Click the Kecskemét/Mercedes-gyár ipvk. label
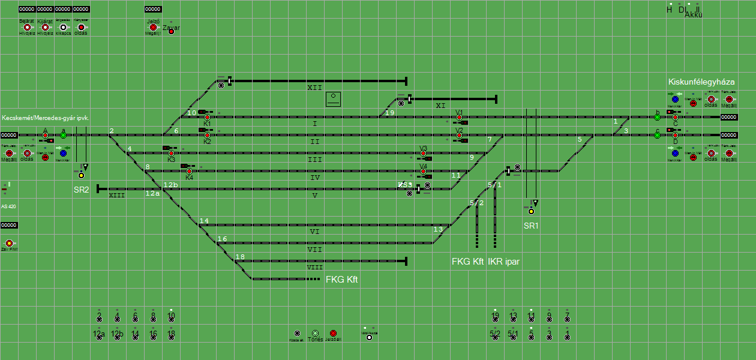coord(46,118)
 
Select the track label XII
coord(314,88)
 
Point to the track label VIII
coord(314,267)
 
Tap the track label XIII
coord(116,195)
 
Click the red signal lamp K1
coord(207,117)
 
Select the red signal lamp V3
coord(423,154)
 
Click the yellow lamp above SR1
coord(531,211)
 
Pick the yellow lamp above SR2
coord(81,175)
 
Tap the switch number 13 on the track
coord(438,229)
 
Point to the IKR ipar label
coord(503,262)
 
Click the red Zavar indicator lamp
coord(171,31)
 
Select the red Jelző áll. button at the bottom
coord(333,333)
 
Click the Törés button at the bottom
coord(315,333)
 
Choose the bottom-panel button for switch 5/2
coord(495,337)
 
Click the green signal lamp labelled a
coord(63,136)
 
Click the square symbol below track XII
coord(333,99)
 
